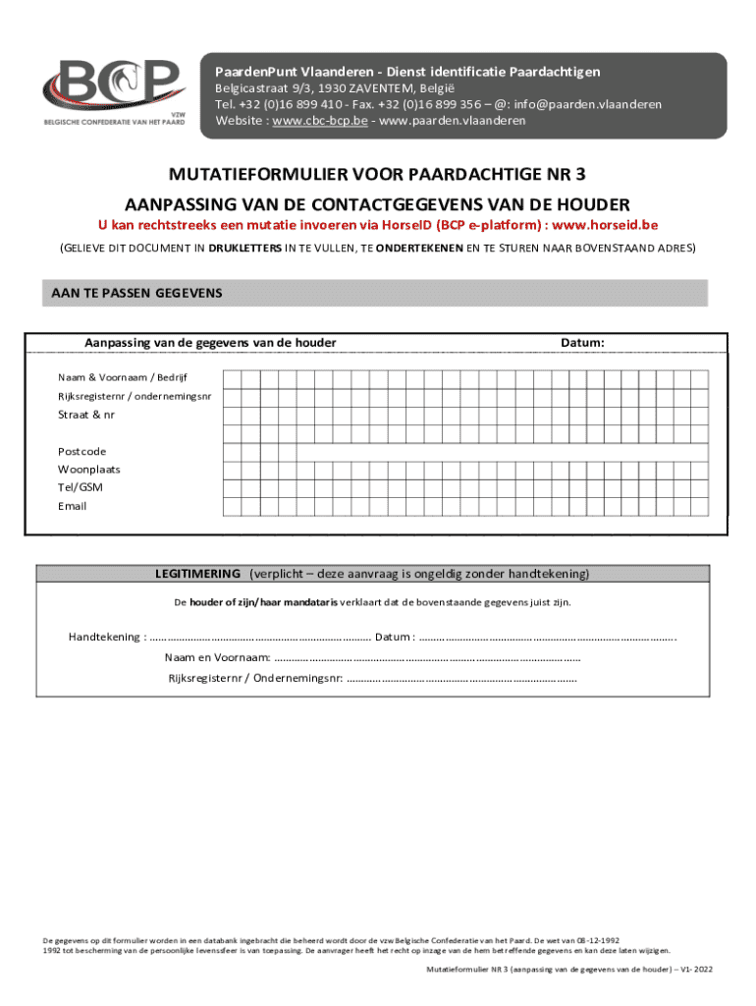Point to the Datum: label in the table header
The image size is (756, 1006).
[x=582, y=342]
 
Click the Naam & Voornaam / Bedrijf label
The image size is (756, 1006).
[x=123, y=377]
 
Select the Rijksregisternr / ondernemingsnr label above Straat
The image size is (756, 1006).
[x=134, y=396]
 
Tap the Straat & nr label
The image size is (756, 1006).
[x=86, y=415]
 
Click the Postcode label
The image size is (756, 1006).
[x=82, y=451]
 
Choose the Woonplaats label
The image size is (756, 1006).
[x=89, y=470]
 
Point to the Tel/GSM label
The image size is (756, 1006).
[x=81, y=487]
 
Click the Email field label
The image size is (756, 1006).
[x=73, y=506]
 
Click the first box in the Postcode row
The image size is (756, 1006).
[x=233, y=452]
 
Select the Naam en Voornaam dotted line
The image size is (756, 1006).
[x=427, y=658]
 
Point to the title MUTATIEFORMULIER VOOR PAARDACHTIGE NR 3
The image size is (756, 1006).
[x=378, y=176]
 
